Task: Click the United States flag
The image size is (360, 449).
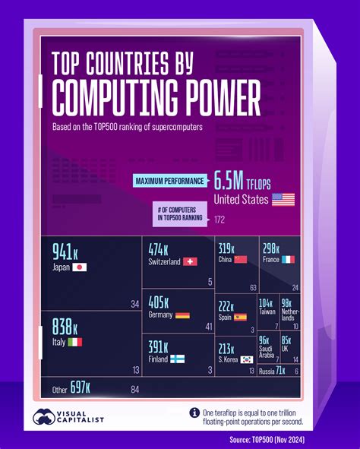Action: pyautogui.click(x=283, y=200)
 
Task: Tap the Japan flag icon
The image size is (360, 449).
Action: pyautogui.click(x=79, y=267)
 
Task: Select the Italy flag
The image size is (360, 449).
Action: pyautogui.click(x=75, y=343)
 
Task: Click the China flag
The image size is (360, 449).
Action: pyautogui.click(x=240, y=260)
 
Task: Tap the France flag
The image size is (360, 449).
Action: pyautogui.click(x=290, y=260)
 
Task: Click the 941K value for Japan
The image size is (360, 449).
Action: pyautogui.click(x=65, y=252)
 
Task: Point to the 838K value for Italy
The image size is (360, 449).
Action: pyautogui.click(x=65, y=327)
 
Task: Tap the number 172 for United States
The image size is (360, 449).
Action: pyautogui.click(x=220, y=220)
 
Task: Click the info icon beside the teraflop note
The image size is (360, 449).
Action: pyautogui.click(x=195, y=413)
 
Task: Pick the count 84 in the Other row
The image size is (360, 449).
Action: pyautogui.click(x=134, y=390)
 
